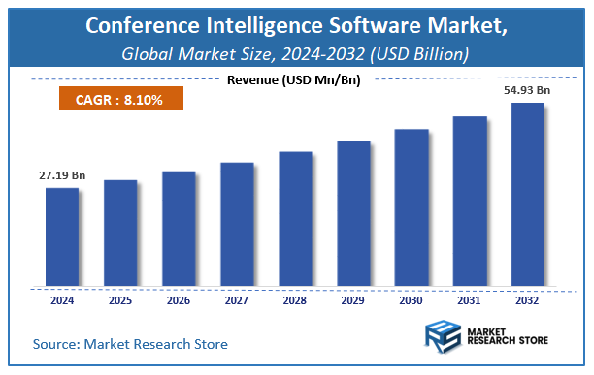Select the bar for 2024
point(61,237)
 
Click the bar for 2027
point(236,225)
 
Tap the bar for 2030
point(411,207)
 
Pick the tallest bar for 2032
point(527,195)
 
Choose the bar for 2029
point(352,214)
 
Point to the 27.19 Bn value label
point(63,175)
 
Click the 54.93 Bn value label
point(528,90)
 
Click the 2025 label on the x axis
point(119,300)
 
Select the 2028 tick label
point(294,300)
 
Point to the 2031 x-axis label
point(469,300)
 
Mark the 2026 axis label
point(178,300)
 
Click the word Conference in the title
point(144,25)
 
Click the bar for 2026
point(178,230)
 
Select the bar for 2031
point(469,202)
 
